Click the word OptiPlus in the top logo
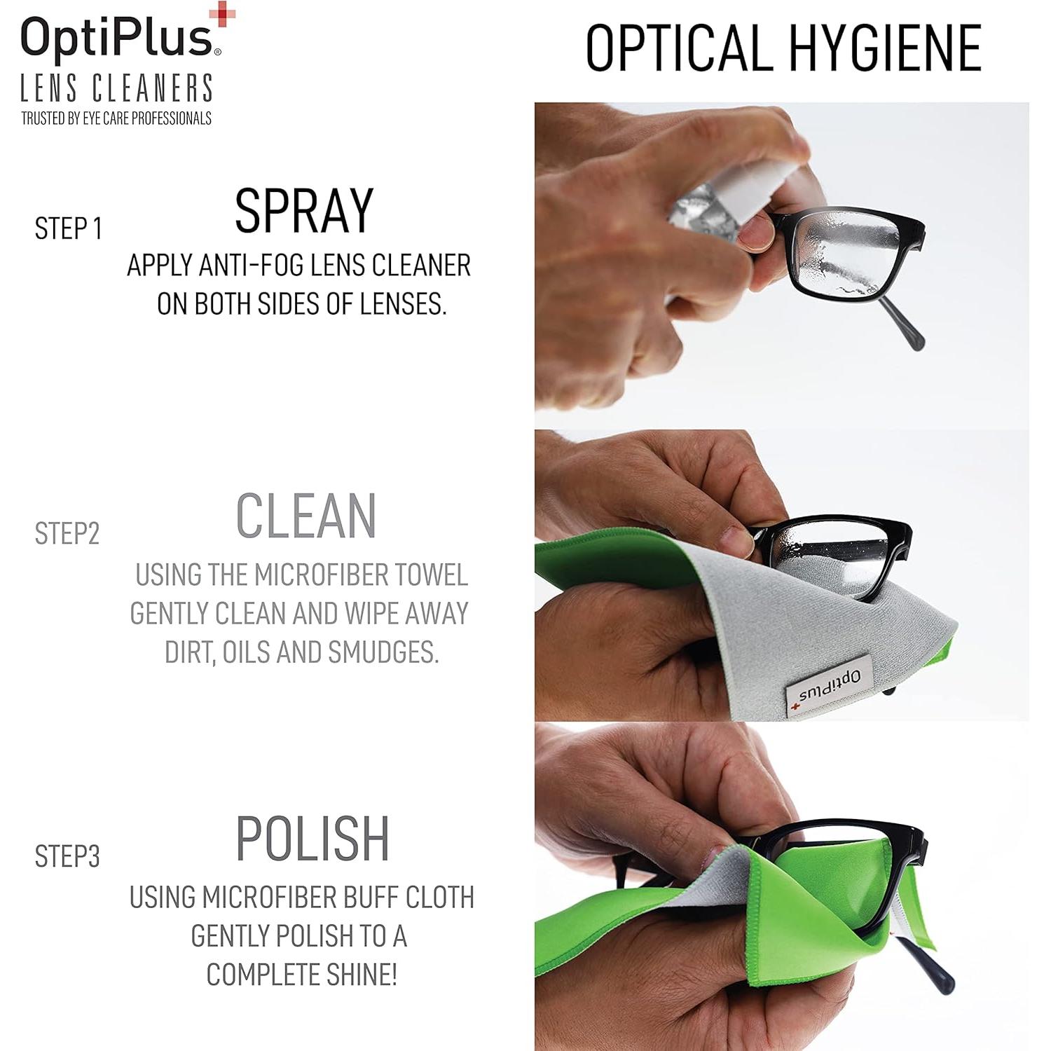(x=116, y=39)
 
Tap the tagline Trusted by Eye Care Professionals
(x=116, y=118)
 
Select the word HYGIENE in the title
(x=886, y=48)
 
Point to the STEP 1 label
(x=69, y=229)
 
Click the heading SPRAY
(x=303, y=211)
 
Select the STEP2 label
(x=67, y=534)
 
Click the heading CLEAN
(x=306, y=516)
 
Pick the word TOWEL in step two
(x=431, y=575)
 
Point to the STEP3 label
(x=67, y=856)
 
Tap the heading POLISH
(x=312, y=839)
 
